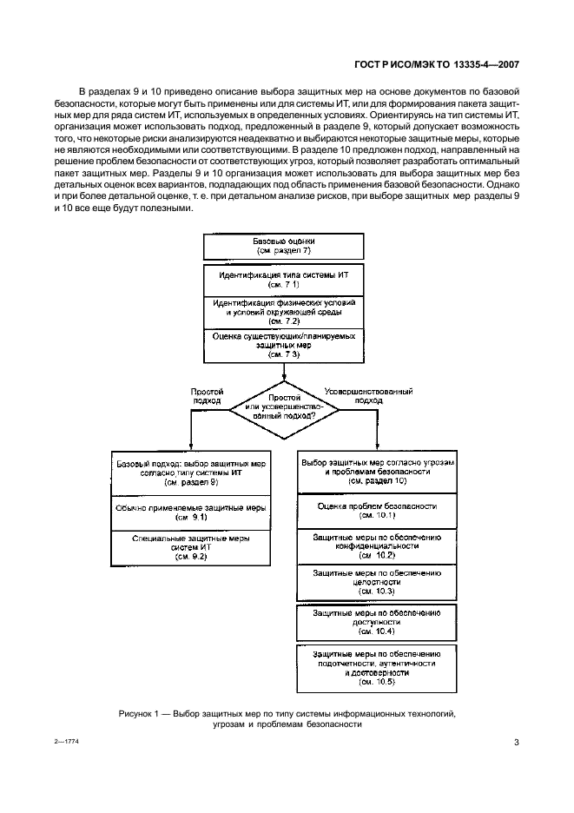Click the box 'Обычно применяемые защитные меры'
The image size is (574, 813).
click(191, 512)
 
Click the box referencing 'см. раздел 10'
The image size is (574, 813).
click(377, 470)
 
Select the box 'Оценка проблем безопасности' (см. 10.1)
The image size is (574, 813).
click(377, 510)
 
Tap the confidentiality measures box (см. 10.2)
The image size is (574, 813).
click(377, 545)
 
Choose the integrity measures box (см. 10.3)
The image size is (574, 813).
click(377, 581)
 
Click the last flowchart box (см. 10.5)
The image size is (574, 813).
click(377, 666)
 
